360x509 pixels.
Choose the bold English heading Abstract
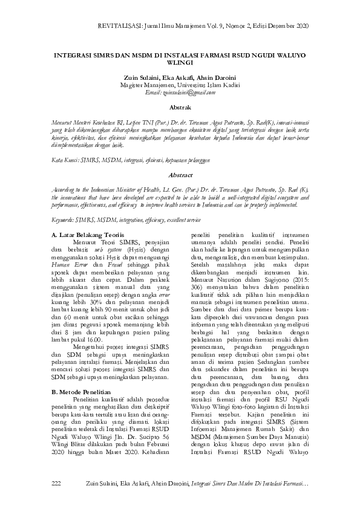click(181, 175)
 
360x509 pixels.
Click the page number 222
click(57, 483)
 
